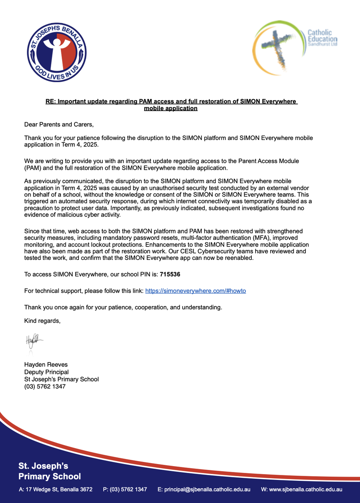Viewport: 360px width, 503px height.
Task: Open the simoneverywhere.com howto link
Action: [x=195, y=290]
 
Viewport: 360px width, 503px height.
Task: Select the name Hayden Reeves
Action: [x=46, y=365]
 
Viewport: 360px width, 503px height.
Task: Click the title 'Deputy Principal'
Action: [x=46, y=372]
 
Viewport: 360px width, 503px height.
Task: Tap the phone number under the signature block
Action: [x=45, y=386]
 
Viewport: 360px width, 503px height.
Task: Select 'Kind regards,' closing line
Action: [x=42, y=321]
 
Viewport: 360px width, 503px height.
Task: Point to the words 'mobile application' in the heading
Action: [x=170, y=108]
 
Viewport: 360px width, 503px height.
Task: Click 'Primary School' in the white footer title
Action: [x=50, y=476]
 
